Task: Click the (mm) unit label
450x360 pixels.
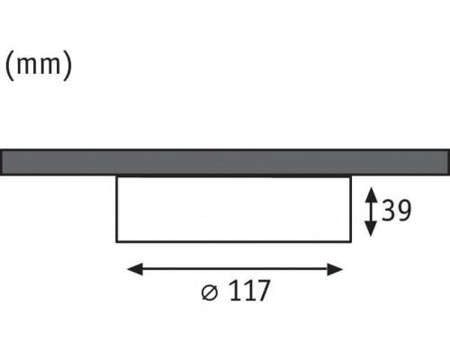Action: pyautogui.click(x=39, y=66)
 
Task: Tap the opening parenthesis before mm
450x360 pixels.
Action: pyautogui.click(x=10, y=66)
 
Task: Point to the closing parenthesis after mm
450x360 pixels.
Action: pyautogui.click(x=67, y=66)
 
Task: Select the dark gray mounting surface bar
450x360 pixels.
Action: pyautogui.click(x=225, y=162)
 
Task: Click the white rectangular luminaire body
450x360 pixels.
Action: pyautogui.click(x=234, y=209)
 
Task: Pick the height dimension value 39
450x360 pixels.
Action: pyautogui.click(x=396, y=211)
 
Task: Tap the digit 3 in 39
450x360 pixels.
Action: pyautogui.click(x=389, y=211)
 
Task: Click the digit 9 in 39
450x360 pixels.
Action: pyautogui.click(x=404, y=211)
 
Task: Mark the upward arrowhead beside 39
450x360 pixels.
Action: pyautogui.click(x=372, y=194)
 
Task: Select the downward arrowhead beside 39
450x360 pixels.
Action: pyautogui.click(x=371, y=229)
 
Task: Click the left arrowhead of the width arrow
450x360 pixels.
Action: pyautogui.click(x=135, y=269)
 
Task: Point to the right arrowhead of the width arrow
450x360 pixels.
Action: pyautogui.click(x=335, y=269)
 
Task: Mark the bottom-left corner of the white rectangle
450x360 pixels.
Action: pyautogui.click(x=116, y=241)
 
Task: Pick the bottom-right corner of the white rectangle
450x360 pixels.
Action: pyautogui.click(x=351, y=241)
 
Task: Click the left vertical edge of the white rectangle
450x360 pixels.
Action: pyautogui.click(x=116, y=209)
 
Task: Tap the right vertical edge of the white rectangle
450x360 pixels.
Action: pyautogui.click(x=351, y=209)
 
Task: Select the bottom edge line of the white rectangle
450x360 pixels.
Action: pyautogui.click(x=234, y=241)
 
